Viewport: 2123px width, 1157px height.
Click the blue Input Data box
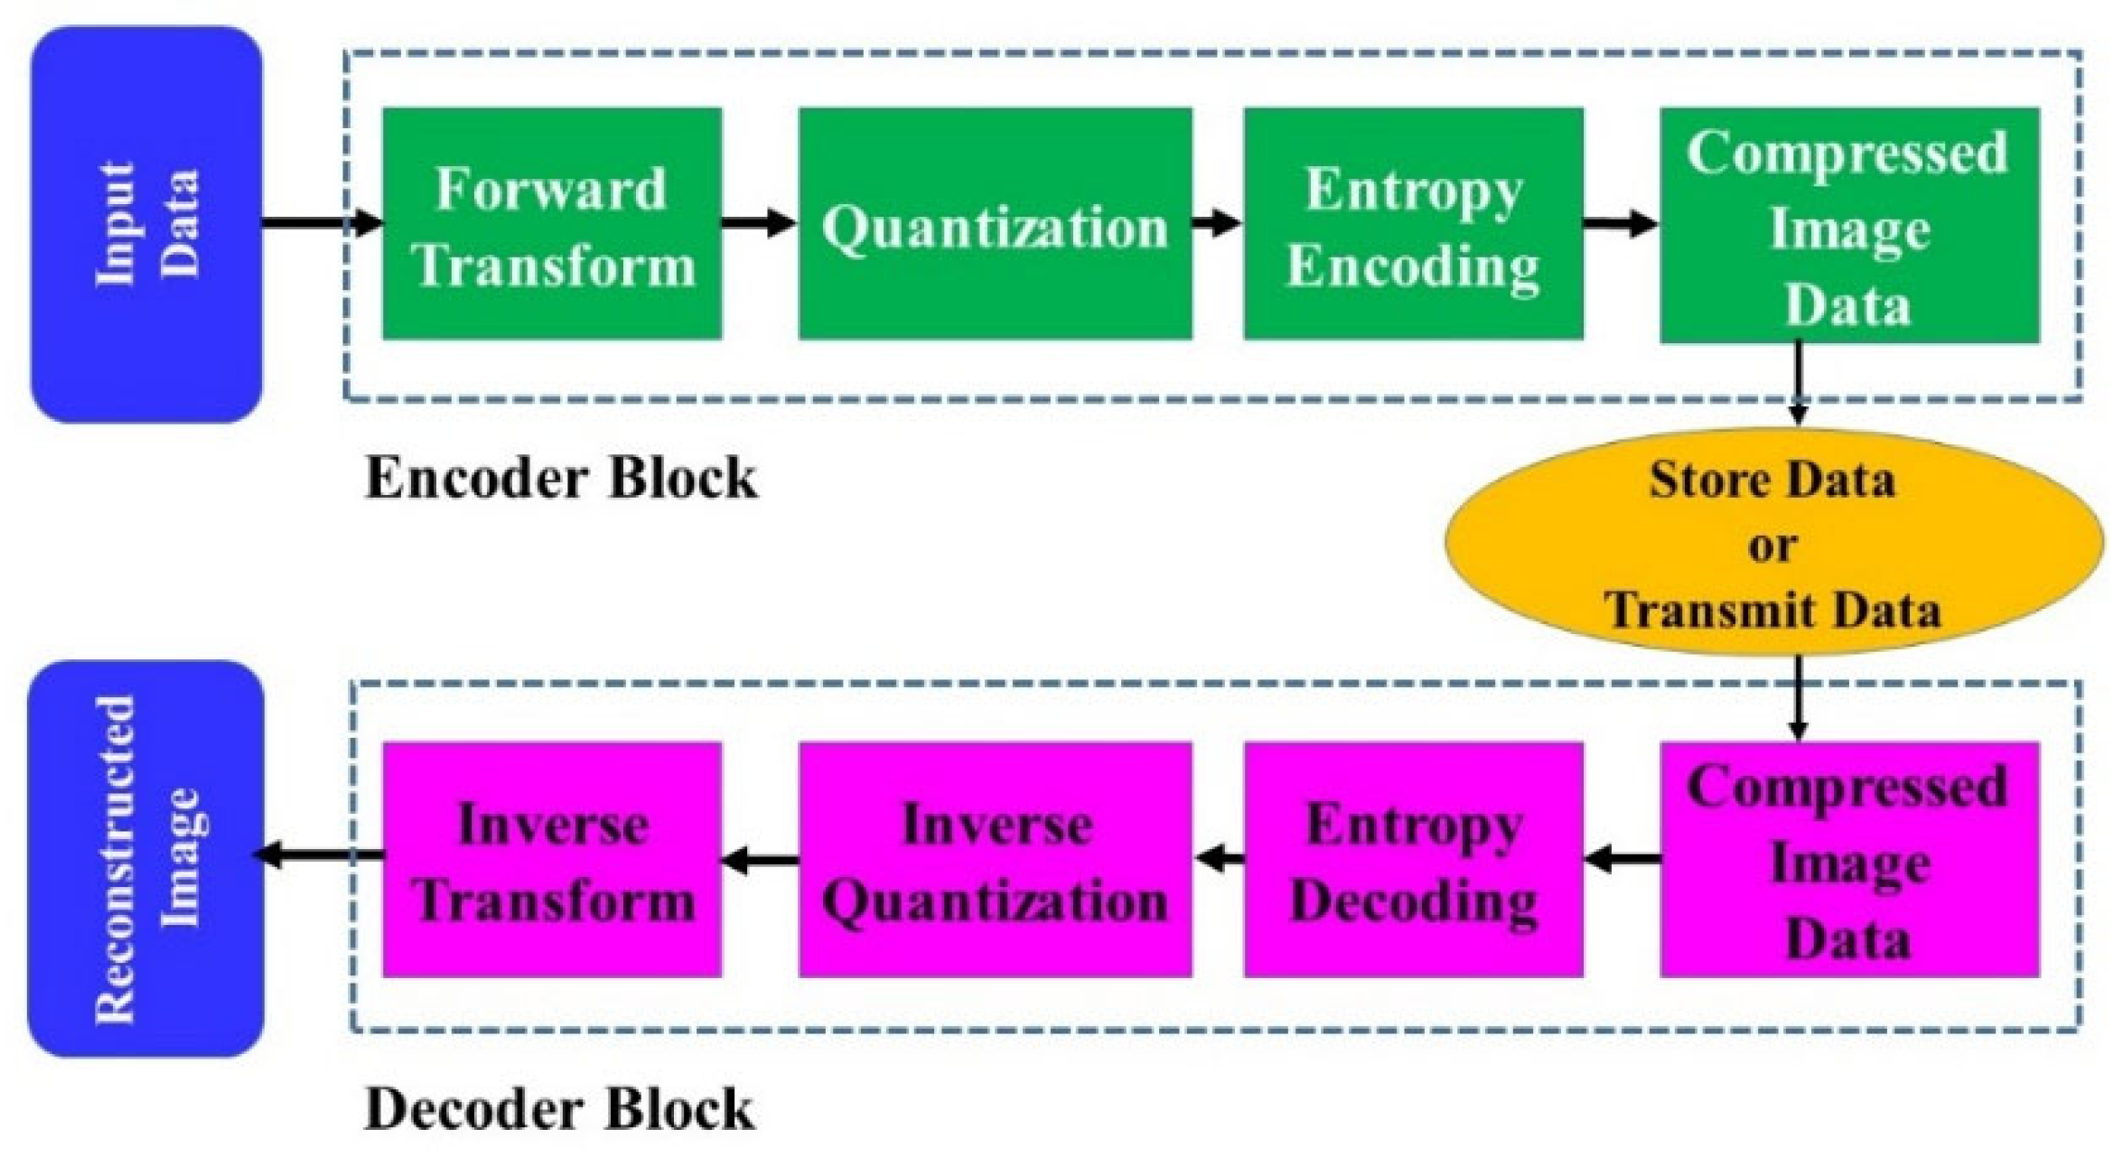[x=146, y=223]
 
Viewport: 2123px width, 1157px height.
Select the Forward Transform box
[x=552, y=223]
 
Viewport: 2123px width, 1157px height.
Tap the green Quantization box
[x=995, y=223]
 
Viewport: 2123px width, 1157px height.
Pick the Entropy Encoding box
[x=1413, y=223]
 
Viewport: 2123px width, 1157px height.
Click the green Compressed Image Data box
[x=1849, y=225]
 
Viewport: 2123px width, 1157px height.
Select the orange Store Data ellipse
[x=1772, y=543]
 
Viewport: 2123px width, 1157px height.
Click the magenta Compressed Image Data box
[x=1849, y=859]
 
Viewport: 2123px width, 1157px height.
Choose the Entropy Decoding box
[x=1413, y=859]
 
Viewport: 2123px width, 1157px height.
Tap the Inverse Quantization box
[x=995, y=859]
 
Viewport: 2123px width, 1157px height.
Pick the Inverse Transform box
[x=552, y=859]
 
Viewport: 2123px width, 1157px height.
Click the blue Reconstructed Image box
[x=146, y=858]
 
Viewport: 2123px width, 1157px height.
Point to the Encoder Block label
[x=560, y=478]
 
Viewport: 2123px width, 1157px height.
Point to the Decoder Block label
[x=558, y=1109]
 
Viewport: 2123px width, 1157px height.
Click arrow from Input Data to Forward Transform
[x=321, y=221]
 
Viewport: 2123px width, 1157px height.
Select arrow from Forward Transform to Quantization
[x=759, y=221]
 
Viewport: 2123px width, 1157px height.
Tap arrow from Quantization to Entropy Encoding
[x=1217, y=221]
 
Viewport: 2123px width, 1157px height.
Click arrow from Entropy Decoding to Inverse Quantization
[x=1220, y=857]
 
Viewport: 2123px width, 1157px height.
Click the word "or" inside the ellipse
[x=1772, y=546]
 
